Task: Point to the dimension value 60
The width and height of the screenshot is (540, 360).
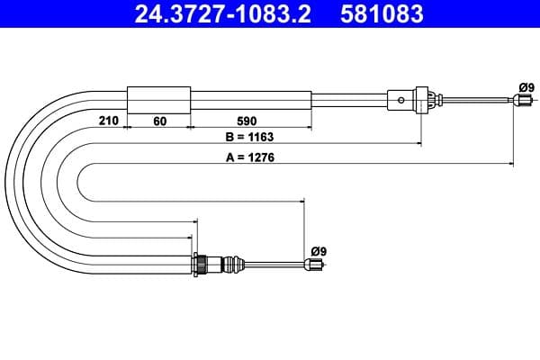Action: [158, 119]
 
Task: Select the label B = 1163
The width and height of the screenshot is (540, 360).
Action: [248, 138]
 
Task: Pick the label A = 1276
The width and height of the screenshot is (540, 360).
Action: [248, 157]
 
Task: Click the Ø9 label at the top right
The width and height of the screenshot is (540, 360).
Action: [526, 87]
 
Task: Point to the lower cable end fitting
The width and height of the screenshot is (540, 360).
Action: [314, 265]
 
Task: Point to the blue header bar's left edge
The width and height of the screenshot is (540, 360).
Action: [3, 14]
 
